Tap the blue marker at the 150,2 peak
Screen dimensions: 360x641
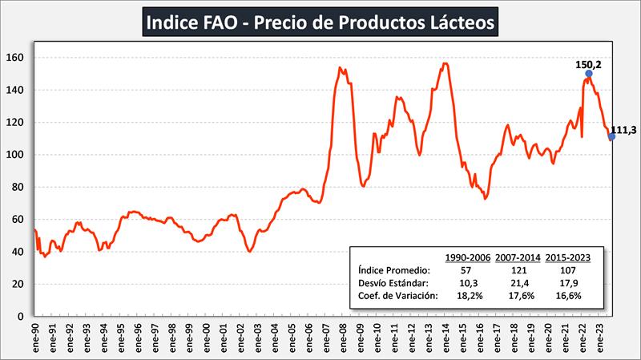[589, 74]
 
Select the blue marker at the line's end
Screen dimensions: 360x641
[611, 136]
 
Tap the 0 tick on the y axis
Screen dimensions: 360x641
[26, 316]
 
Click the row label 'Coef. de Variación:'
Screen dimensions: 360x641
[398, 295]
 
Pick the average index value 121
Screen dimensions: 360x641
[517, 270]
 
